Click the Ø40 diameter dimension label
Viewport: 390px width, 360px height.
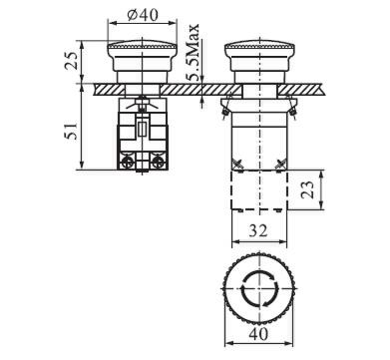[x=143, y=15]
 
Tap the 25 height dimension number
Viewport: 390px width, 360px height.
[x=72, y=60]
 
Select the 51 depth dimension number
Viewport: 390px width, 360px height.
[x=71, y=131]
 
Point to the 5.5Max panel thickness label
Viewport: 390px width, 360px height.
[x=193, y=53]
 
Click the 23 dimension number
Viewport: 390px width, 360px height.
[x=307, y=189]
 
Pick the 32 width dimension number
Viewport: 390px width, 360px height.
[x=258, y=230]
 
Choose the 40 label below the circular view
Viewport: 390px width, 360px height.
[x=258, y=333]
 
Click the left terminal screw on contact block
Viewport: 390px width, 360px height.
[x=128, y=163]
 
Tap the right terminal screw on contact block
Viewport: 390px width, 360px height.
[x=157, y=163]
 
